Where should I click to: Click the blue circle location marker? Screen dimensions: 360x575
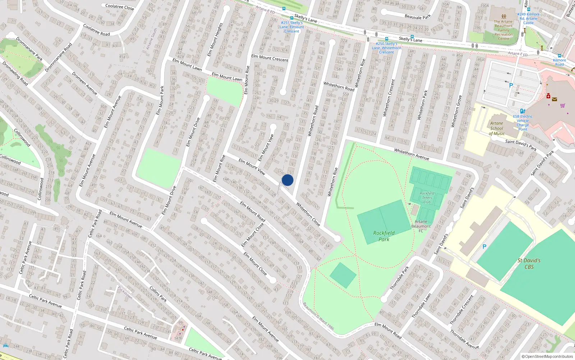(x=287, y=180)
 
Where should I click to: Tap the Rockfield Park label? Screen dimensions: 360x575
(x=384, y=236)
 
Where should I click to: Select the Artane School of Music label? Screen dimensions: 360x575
(x=497, y=128)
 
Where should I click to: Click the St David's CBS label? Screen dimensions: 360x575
(x=529, y=264)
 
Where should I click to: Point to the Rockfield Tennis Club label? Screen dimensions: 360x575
(x=427, y=198)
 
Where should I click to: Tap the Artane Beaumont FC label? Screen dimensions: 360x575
(x=421, y=226)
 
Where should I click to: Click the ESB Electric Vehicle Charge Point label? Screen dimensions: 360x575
(x=523, y=123)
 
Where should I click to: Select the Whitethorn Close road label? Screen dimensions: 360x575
(x=308, y=214)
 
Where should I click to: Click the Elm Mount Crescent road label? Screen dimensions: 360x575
(x=270, y=58)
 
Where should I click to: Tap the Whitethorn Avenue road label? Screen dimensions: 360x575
(x=411, y=154)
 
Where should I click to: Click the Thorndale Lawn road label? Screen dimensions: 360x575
(x=421, y=306)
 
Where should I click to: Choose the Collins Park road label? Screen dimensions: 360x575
(x=158, y=294)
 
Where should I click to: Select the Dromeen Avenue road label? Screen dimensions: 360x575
(x=84, y=83)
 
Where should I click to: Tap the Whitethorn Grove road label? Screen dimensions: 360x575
(x=456, y=111)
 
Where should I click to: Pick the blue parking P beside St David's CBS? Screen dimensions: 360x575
(x=484, y=247)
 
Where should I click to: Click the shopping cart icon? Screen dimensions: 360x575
(x=562, y=105)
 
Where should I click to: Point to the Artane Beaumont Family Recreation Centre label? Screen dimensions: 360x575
(x=504, y=30)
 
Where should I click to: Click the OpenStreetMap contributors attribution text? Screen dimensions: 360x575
(x=547, y=357)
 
